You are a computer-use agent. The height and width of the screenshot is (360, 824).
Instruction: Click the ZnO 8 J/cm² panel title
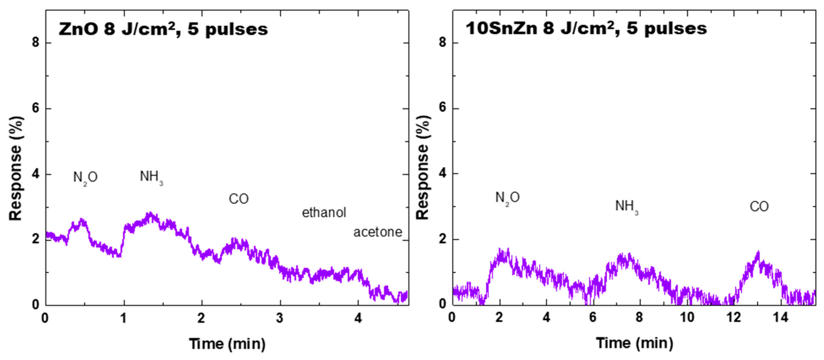click(163, 29)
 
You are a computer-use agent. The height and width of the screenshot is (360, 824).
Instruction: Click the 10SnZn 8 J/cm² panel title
click(586, 29)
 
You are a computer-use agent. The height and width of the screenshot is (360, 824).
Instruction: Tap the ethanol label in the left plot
click(324, 213)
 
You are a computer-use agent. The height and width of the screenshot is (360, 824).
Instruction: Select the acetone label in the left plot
click(377, 232)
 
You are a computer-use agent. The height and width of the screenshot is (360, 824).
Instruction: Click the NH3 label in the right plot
click(626, 206)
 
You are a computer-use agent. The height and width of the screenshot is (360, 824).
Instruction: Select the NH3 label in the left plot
click(151, 177)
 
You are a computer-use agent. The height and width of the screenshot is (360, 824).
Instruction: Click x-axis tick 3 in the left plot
click(280, 318)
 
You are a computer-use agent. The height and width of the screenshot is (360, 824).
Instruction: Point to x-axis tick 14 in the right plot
click(781, 317)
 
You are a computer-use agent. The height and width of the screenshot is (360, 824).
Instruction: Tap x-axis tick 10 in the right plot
click(687, 317)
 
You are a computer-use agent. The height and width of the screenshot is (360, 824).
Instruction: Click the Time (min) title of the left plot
click(227, 344)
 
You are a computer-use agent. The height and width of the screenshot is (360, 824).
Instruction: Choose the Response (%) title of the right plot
click(423, 168)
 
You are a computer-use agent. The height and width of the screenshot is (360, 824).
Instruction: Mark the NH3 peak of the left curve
click(149, 214)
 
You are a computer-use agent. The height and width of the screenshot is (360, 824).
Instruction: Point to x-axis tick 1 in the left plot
click(123, 318)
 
